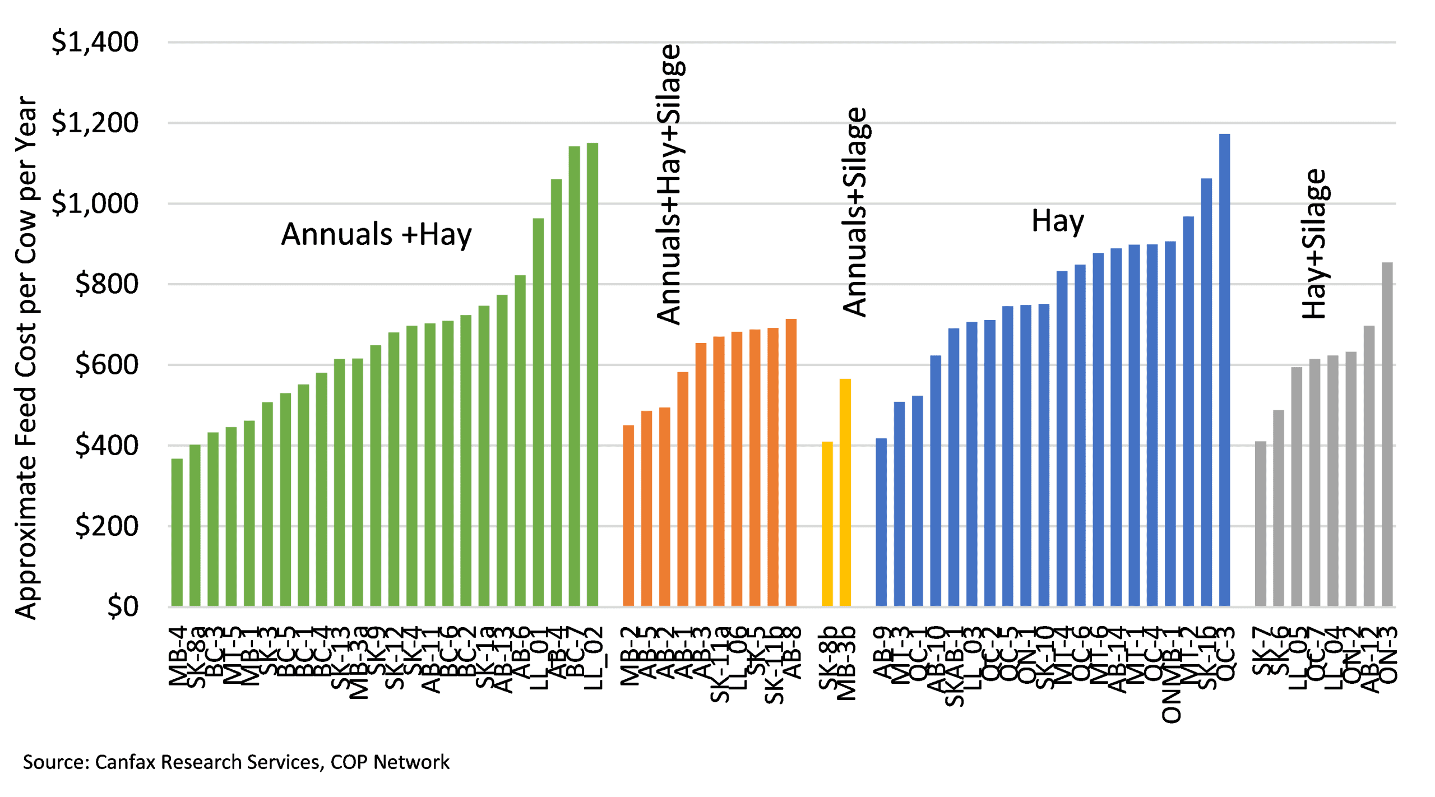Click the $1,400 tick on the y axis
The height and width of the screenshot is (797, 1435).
(95, 42)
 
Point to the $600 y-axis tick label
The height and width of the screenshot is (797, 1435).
(107, 365)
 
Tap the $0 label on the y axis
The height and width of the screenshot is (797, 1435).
(123, 606)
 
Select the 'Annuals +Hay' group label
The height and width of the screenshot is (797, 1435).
(376, 234)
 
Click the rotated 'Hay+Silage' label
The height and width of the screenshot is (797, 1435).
(1314, 244)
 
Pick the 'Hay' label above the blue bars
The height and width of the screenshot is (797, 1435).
(1057, 220)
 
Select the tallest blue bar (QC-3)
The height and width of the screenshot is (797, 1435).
(1224, 370)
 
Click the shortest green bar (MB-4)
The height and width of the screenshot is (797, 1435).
(177, 532)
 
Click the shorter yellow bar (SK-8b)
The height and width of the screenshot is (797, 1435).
(827, 524)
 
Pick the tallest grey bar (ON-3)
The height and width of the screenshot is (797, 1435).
(1387, 434)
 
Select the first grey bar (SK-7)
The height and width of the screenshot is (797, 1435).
(1261, 523)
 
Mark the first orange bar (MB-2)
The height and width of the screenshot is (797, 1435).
(628, 516)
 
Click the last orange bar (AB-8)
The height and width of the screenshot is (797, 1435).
(790, 462)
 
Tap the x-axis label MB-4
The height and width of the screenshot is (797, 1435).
(177, 657)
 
